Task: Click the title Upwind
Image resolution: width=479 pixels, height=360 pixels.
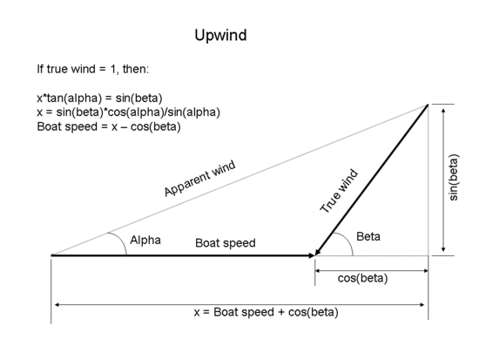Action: pos(220,36)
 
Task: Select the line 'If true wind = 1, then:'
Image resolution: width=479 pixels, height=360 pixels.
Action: pos(93,69)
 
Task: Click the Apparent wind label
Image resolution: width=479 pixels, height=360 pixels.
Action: pos(199,179)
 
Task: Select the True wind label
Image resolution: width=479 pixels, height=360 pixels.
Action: pos(339,192)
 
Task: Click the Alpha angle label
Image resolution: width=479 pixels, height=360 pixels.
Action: pos(145,240)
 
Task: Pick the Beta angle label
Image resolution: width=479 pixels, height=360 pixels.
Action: pos(368,237)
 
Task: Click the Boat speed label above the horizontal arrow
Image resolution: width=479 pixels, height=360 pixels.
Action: pos(225,243)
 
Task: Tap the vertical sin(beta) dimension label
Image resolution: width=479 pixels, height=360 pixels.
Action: pos(454,180)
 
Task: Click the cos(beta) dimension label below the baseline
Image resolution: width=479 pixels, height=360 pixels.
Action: pos(362,279)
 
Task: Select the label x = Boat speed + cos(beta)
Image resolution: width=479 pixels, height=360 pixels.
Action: pos(266,312)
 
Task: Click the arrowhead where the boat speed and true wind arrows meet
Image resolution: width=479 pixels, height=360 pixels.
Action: pos(315,255)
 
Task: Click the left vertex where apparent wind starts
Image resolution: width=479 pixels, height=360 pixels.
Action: pos(52,255)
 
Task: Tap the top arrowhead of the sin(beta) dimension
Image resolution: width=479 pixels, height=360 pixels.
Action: pos(444,108)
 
